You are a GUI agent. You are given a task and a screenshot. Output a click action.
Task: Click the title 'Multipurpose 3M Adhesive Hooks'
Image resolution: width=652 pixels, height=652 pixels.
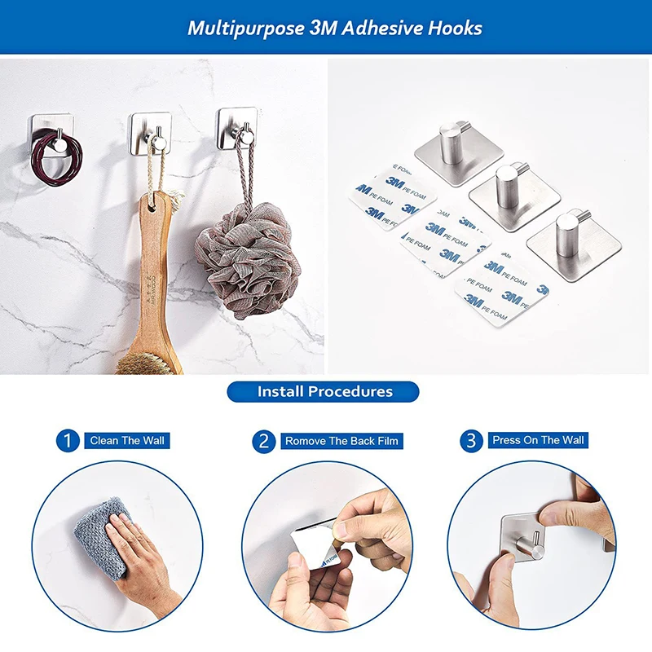(335, 28)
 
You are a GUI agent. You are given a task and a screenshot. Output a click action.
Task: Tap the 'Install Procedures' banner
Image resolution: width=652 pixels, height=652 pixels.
(324, 391)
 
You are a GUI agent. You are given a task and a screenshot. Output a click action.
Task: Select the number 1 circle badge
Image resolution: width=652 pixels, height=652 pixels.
(68, 441)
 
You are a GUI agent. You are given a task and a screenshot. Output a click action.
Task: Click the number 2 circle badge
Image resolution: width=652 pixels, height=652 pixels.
(263, 442)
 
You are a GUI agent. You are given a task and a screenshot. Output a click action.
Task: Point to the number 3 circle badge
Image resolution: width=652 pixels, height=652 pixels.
(470, 441)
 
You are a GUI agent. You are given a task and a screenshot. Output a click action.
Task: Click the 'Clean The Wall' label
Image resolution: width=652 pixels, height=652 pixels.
(127, 441)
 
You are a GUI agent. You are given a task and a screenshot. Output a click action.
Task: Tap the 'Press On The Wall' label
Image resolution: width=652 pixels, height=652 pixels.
(538, 440)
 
